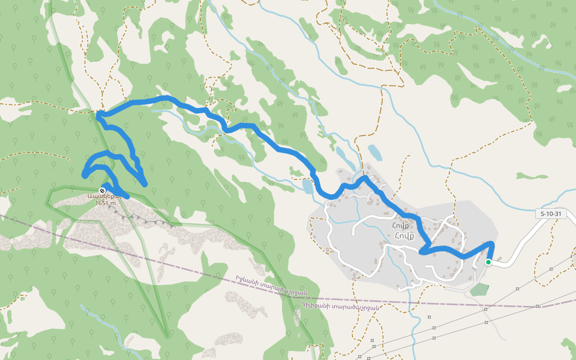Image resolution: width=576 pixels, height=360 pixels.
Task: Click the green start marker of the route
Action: pos(488,262)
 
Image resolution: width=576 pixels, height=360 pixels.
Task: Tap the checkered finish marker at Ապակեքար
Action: pos(102,190)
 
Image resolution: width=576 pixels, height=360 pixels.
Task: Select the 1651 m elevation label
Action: pos(106,203)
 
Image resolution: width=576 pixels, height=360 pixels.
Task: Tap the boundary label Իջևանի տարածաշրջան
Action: pos(271,285)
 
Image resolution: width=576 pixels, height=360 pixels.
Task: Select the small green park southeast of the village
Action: pos(479,289)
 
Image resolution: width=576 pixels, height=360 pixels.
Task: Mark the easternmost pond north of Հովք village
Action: pos(374,152)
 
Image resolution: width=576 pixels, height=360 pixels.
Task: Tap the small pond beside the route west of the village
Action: pos(307,187)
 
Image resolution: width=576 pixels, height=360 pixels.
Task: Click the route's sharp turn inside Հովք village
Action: pos(423,251)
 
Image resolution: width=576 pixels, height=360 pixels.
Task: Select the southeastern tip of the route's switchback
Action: pos(145,184)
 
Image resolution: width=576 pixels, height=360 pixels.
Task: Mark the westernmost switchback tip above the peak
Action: pos(85,174)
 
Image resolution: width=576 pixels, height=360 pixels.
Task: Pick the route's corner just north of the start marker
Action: pos(492,244)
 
